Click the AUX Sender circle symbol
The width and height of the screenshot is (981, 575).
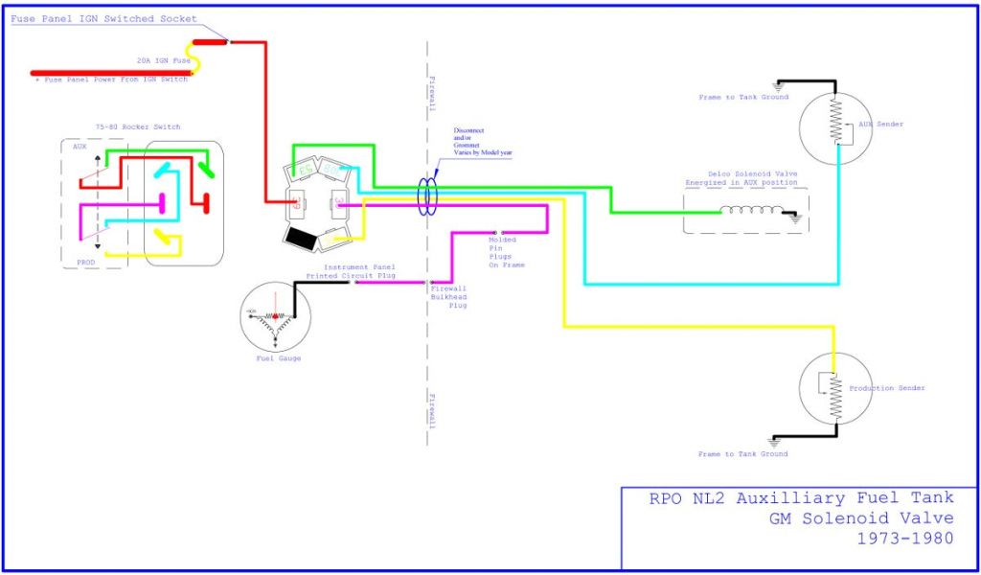point(835,124)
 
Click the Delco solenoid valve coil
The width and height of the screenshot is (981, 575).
point(751,212)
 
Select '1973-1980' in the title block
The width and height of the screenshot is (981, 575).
point(906,538)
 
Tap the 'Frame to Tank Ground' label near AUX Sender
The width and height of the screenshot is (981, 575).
point(743,97)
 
